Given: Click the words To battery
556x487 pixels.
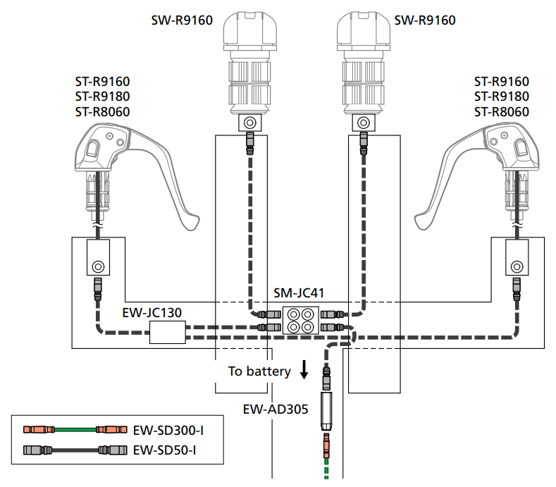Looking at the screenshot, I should point(259,371).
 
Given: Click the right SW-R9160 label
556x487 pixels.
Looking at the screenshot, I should point(425,20).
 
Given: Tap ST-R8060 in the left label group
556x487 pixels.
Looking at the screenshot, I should point(103,111).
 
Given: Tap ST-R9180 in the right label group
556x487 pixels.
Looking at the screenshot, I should point(502,97).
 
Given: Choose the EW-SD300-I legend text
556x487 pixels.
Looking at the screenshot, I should point(166,430).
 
